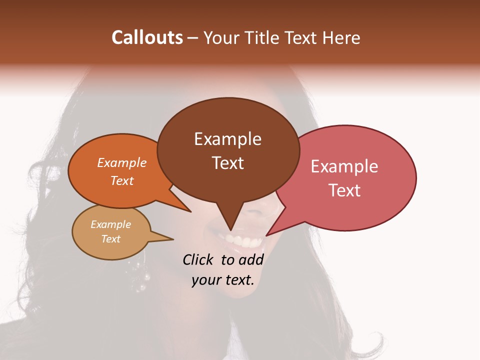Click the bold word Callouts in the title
coord(147,37)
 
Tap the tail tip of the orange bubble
coord(190,211)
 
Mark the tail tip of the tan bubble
coord(172,239)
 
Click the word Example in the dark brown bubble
coord(228,139)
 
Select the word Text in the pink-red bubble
coord(345,190)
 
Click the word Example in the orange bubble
coord(122,162)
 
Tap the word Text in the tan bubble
coord(111,239)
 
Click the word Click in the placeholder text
coord(198,259)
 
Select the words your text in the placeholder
coord(223,280)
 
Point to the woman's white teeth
coord(245,241)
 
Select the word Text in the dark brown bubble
coord(228,163)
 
